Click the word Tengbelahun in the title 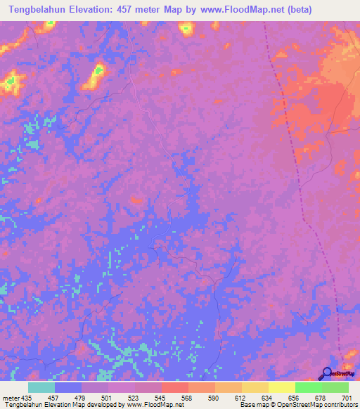35,9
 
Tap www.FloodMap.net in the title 230,9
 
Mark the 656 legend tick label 295,398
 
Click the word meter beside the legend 10,398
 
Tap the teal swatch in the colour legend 41,387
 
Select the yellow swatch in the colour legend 281,387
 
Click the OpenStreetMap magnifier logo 326,374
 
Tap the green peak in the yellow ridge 98,70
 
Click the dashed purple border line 302,197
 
